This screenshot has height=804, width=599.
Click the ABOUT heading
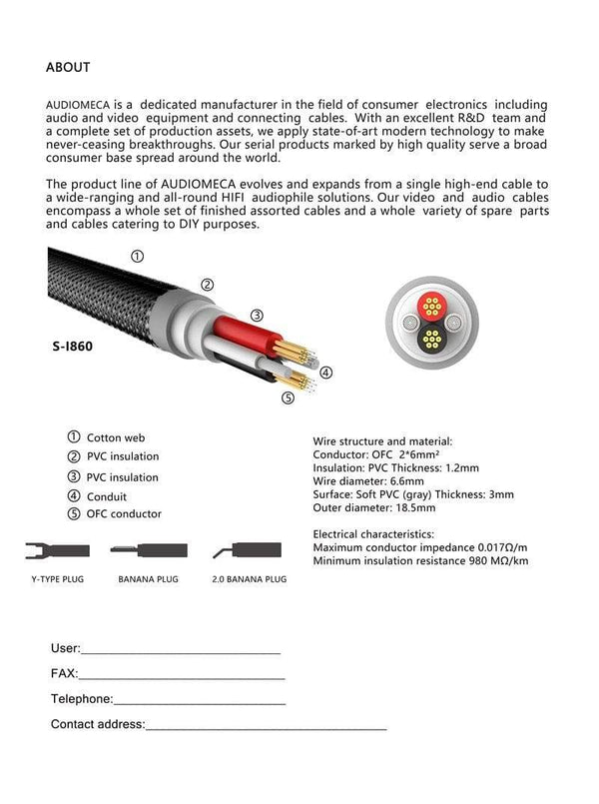point(68,67)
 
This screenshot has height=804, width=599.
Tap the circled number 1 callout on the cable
point(136,256)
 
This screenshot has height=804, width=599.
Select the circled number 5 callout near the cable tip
point(289,398)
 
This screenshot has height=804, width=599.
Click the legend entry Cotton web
point(116,437)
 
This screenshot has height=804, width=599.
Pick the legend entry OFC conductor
point(123,514)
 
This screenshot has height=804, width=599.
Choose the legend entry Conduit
point(108,495)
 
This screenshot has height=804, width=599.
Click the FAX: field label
point(64,673)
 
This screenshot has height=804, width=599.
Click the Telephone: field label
point(81,699)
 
